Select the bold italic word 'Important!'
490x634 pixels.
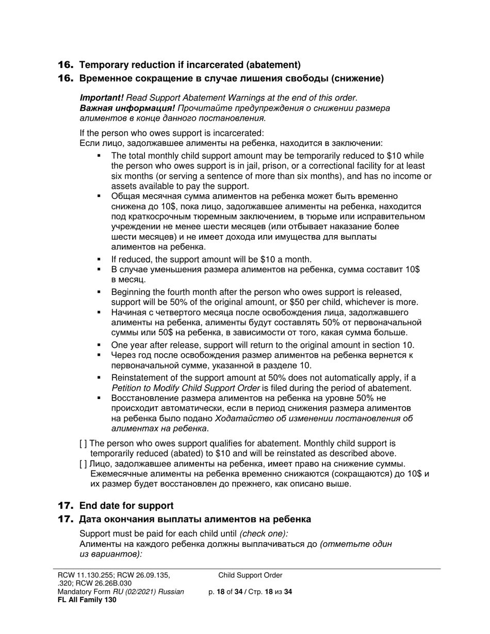coord(102,97)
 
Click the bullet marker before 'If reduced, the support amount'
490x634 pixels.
coord(99,259)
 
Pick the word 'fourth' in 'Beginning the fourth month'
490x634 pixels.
coord(172,292)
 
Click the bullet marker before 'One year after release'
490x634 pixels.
coord(99,345)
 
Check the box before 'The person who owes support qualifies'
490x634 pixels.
coord(83,443)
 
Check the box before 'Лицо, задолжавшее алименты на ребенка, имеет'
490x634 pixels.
coord(83,463)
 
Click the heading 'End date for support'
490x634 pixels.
coord(126,506)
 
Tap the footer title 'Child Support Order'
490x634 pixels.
coord(250,575)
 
